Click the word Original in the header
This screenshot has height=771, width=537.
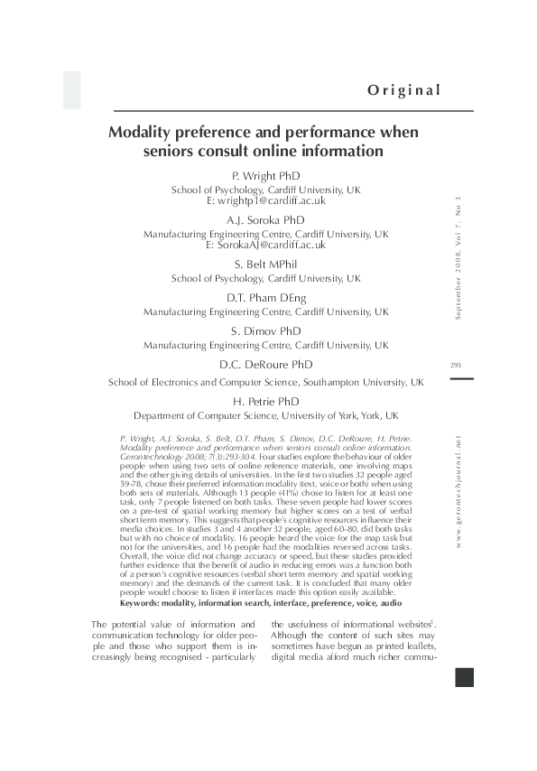[x=403, y=89]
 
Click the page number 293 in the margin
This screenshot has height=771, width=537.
[x=455, y=365]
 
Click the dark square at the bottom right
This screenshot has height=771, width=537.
[x=464, y=677]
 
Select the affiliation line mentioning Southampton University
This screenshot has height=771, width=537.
[x=266, y=382]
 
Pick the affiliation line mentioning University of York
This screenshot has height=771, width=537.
[x=266, y=416]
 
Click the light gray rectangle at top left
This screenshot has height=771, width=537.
[x=71, y=89]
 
